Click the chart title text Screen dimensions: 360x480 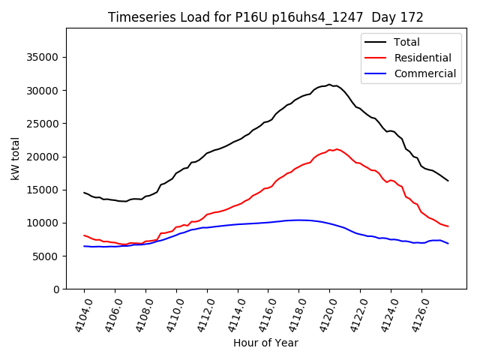265,17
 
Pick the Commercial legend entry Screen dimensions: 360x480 424,73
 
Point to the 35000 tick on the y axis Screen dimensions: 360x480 43,58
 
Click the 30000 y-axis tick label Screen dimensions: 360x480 43,91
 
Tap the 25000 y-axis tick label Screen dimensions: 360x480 43,124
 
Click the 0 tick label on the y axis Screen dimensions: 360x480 55,289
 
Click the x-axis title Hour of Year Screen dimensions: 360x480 265,343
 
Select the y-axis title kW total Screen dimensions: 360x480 15,158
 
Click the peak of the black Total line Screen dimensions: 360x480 329,85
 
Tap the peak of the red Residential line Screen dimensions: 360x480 337,149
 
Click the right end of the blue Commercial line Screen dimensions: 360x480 448,244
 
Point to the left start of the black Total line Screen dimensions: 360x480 84,193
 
